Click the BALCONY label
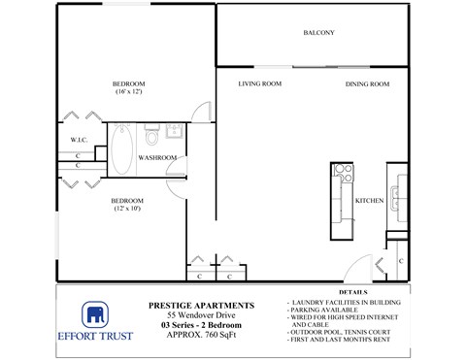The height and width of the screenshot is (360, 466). click(318, 33)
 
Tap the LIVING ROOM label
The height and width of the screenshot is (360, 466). click(259, 84)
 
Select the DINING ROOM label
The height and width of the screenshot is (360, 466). click(367, 84)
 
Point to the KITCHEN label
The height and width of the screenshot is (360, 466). click(370, 200)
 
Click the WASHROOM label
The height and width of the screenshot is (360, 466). click(156, 156)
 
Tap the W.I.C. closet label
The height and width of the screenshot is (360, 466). click(80, 140)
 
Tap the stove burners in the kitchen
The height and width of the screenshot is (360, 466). click(342, 174)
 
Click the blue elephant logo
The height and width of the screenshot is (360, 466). click(95, 315)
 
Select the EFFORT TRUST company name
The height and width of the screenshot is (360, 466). click(95, 338)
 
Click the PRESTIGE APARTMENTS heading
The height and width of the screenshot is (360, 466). click(201, 305)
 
